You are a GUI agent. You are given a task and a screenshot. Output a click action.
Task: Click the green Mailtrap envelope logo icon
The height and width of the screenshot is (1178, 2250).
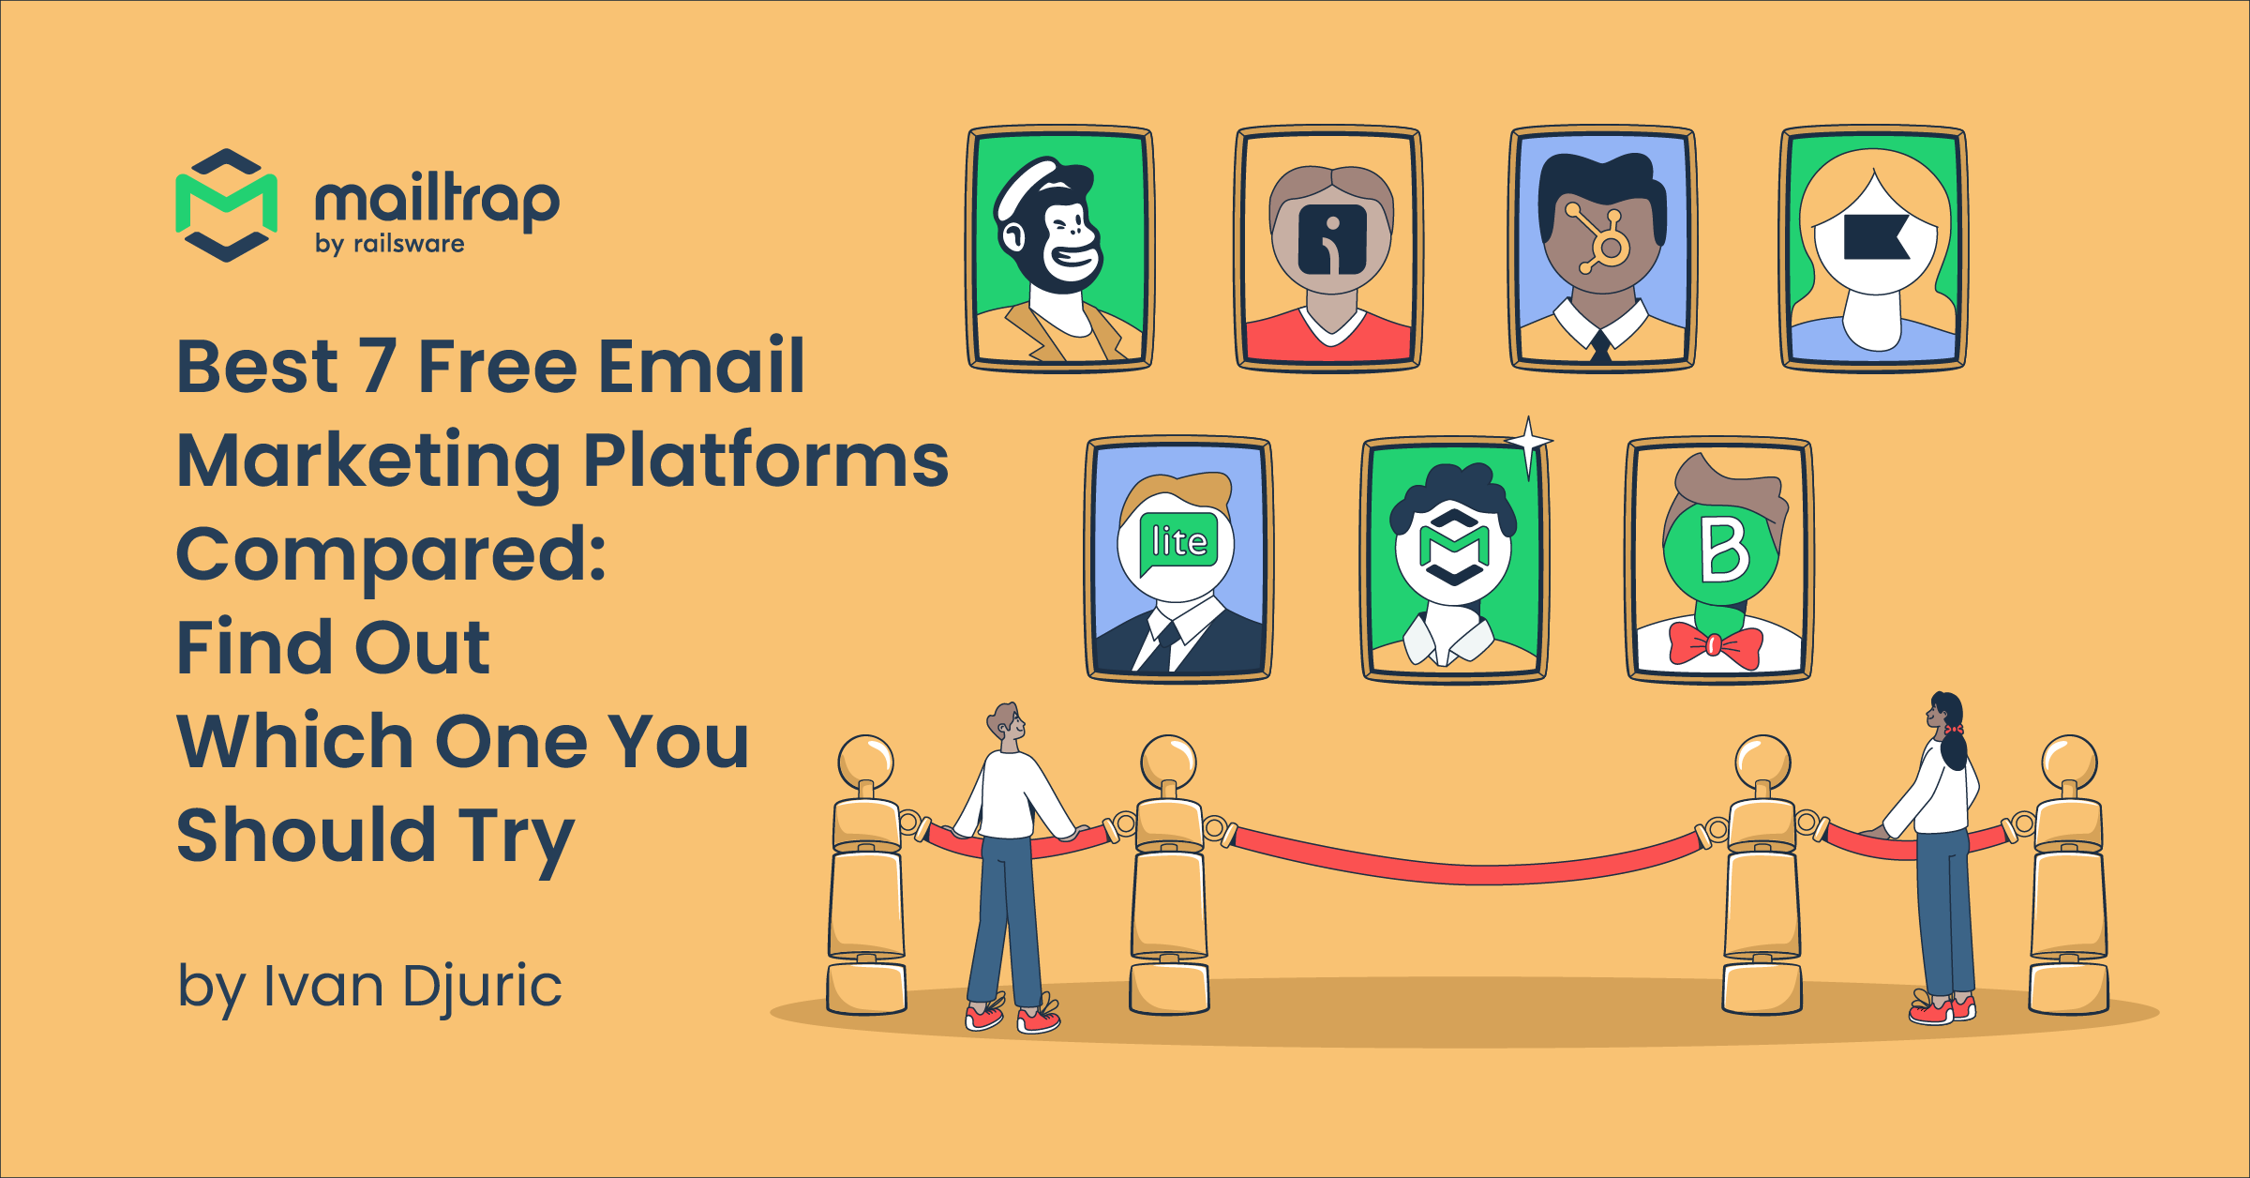point(227,204)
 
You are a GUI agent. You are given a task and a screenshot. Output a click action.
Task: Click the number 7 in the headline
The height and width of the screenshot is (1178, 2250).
point(377,366)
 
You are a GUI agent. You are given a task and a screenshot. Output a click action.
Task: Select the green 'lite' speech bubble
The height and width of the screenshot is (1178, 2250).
point(1178,543)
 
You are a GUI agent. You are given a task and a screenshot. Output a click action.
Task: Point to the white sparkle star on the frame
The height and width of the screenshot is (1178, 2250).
point(1528,442)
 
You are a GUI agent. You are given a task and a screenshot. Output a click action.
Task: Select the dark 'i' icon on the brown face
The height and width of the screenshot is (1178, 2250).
point(1332,239)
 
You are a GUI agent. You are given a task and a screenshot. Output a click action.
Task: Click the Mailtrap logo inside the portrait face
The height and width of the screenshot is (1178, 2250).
point(1453,546)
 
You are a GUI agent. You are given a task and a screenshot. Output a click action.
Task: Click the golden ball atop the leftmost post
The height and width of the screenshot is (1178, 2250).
point(865,761)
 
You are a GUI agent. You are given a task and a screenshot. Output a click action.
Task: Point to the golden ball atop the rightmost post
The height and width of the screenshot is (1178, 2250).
point(2069,762)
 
